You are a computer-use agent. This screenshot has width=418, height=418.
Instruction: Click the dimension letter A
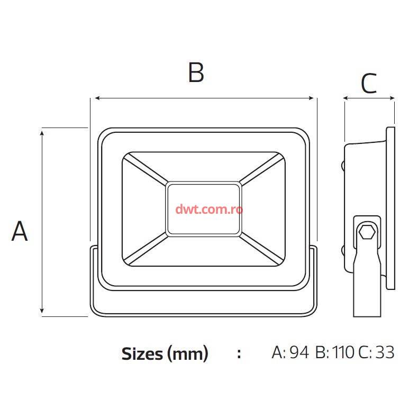click(20, 231)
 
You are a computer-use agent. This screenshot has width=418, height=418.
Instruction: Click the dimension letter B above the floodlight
click(196, 72)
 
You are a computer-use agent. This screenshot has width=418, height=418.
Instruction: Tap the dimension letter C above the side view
click(369, 83)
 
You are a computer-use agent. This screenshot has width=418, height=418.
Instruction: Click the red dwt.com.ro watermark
click(209, 210)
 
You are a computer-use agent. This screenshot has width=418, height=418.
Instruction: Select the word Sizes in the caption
click(142, 354)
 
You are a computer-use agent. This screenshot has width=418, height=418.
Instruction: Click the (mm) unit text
click(188, 354)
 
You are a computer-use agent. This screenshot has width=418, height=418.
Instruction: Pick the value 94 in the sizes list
click(299, 352)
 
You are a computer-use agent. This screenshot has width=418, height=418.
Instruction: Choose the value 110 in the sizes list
click(343, 352)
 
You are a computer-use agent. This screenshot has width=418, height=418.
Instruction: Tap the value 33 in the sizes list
click(385, 352)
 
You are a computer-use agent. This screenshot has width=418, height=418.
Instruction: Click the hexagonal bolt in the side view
click(367, 232)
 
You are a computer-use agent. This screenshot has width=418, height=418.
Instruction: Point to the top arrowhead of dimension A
click(42, 133)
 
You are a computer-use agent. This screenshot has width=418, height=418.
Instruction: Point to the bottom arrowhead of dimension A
click(42, 311)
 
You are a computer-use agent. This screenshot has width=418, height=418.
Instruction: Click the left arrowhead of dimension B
click(97, 98)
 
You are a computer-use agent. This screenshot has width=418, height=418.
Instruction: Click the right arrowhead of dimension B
click(311, 98)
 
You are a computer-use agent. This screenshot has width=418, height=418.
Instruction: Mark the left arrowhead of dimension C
click(346, 98)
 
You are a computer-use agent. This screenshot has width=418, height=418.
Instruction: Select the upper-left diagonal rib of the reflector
click(146, 169)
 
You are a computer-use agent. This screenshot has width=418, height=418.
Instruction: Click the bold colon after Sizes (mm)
click(239, 354)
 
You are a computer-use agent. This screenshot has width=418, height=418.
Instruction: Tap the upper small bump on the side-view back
click(343, 165)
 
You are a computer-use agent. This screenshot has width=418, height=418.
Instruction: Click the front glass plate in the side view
click(390, 208)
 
